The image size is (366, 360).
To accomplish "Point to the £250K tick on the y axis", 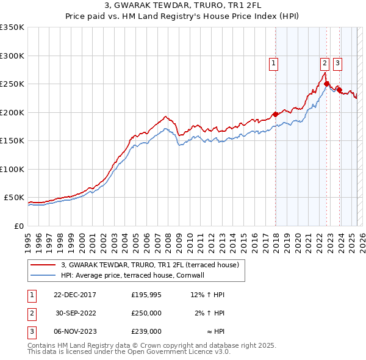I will click(x=12, y=84).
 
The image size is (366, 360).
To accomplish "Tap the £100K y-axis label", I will click(x=12, y=169).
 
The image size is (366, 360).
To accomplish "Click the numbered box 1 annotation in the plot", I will click(x=273, y=62).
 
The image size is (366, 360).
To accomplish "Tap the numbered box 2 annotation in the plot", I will click(x=325, y=62).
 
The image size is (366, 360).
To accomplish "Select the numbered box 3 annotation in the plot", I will click(x=337, y=62).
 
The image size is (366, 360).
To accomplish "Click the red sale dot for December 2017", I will click(x=275, y=114).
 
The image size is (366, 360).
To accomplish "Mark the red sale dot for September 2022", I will click(x=327, y=84).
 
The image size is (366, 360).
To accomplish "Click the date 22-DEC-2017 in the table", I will click(x=74, y=295).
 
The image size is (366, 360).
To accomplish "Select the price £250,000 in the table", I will click(x=146, y=313).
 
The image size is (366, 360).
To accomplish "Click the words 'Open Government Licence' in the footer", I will click(x=174, y=351).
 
